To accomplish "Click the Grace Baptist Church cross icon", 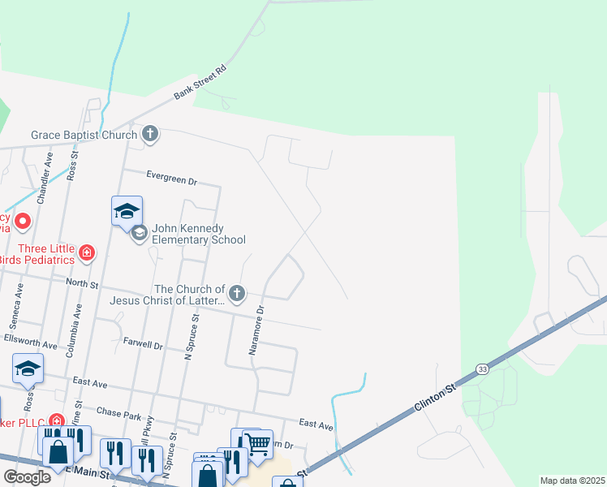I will point(150,133).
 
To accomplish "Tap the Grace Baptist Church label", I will point(84,135).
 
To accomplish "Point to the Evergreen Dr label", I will point(172,175).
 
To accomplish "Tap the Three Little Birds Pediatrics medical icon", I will point(87,254).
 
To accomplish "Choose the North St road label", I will point(82,285).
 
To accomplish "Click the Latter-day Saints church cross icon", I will point(236,293).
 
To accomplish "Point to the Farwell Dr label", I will point(143,345).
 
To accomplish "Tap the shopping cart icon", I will point(257,443).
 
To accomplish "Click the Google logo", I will point(27,476).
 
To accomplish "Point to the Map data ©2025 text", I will point(572,481).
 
